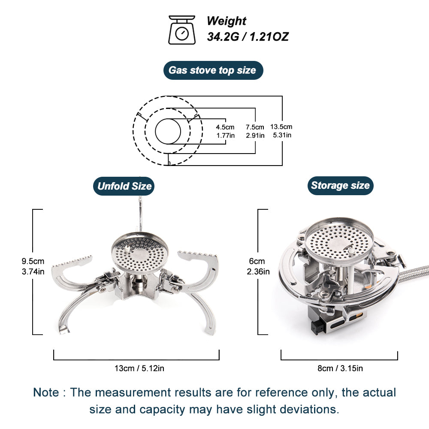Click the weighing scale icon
coord(182,30)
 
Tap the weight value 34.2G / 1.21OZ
coord(248,37)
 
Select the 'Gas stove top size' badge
coord(213,70)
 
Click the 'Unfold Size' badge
coord(124,186)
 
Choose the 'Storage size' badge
coord(340,185)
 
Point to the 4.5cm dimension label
coord(225,127)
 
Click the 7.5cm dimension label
coord(255,127)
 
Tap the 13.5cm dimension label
coord(281,127)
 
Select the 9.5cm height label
coord(33,261)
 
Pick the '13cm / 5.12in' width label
coord(136,368)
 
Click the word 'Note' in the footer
coord(46,392)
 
